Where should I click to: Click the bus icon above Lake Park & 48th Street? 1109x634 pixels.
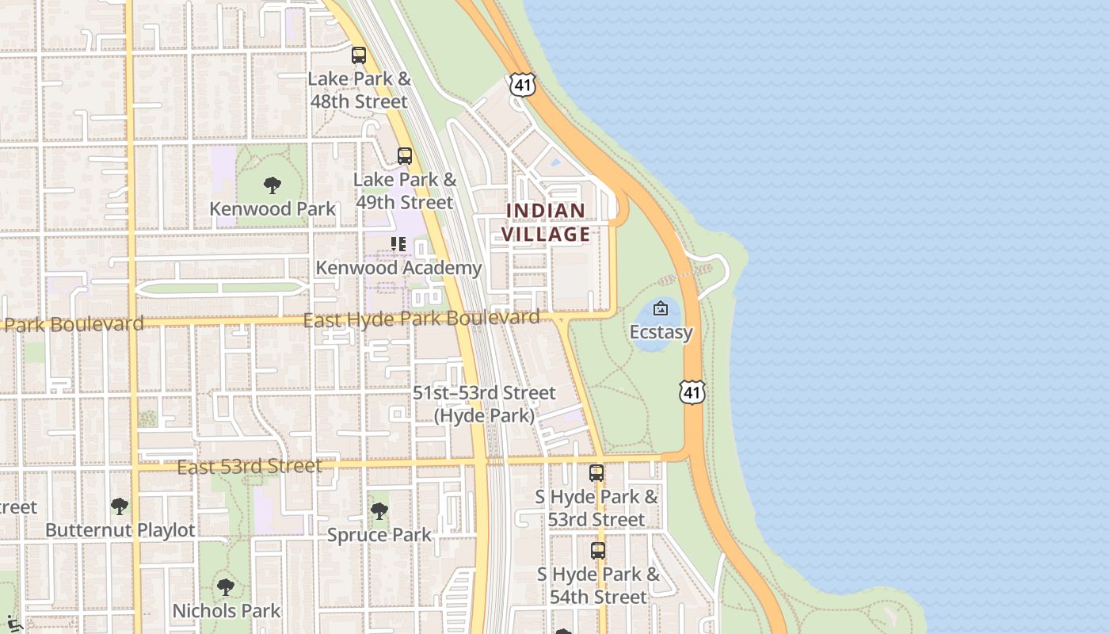point(359,55)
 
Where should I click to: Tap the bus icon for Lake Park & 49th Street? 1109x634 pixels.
point(405,156)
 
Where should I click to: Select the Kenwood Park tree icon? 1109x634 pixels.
point(272,186)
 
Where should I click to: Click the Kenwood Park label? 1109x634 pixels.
point(272,209)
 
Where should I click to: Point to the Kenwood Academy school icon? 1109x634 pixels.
point(398,244)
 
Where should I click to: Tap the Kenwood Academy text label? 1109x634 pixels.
point(398,268)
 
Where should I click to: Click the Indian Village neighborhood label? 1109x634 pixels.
point(546,222)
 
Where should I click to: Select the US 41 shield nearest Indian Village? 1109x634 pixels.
point(523,85)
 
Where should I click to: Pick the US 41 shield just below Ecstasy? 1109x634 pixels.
point(692,391)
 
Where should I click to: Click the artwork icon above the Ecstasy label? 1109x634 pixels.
point(661,308)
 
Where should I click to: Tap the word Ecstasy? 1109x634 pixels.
point(661,332)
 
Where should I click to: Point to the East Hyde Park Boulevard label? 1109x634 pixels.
point(421,319)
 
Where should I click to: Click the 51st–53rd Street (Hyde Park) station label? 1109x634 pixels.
point(484,404)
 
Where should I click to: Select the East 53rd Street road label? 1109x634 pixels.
point(249,466)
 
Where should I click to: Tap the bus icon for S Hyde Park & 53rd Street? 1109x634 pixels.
point(596,473)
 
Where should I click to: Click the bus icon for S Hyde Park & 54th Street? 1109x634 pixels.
point(598,550)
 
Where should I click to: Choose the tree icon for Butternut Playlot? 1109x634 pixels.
point(120,506)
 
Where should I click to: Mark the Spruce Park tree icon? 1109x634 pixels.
point(379,511)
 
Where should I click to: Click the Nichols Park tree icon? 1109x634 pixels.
point(226,587)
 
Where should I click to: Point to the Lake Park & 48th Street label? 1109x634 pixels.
point(359,90)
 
